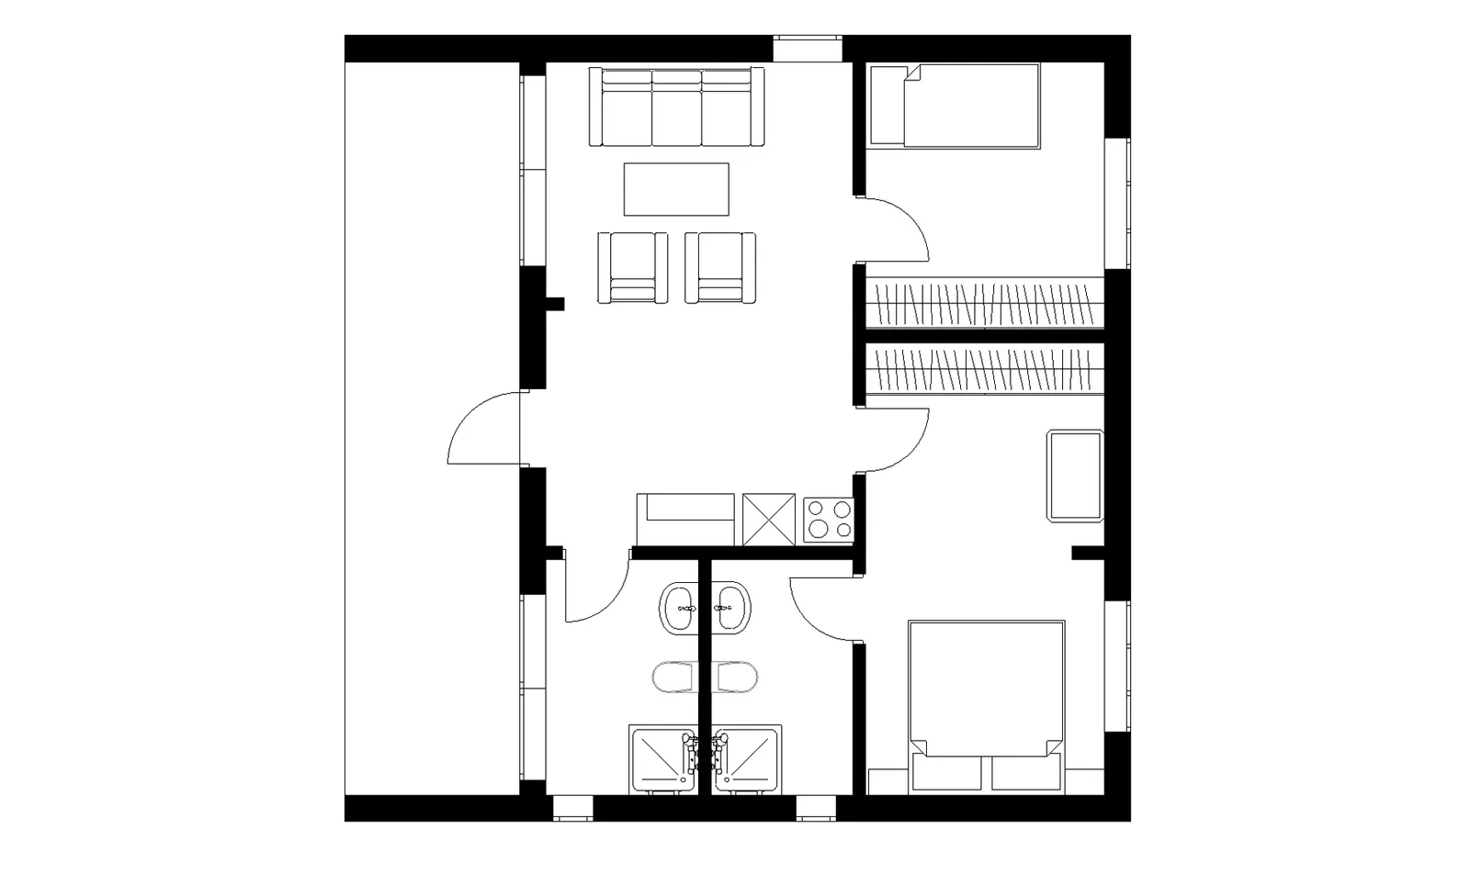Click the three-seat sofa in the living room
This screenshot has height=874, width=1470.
677,107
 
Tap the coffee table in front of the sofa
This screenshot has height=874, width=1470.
676,189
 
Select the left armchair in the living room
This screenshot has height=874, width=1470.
632,267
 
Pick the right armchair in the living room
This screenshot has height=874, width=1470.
720,267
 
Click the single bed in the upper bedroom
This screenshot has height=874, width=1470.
955,106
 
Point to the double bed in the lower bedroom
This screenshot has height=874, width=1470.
985,702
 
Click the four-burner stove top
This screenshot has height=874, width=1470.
828,520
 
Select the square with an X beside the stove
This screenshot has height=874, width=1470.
769,520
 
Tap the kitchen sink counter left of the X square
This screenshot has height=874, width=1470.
686,520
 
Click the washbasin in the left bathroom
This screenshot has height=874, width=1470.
680,607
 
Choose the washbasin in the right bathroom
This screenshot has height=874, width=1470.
732,607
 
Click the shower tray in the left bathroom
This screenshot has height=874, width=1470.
662,759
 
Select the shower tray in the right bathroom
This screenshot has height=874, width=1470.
748,759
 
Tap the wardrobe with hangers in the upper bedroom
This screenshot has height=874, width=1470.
984,303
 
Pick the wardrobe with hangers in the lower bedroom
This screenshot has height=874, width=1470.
984,371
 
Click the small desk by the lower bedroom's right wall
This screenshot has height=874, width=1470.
1074,475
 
